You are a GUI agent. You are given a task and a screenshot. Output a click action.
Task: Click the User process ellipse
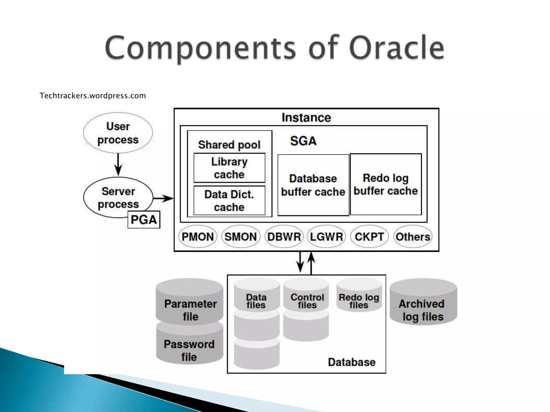click(118, 133)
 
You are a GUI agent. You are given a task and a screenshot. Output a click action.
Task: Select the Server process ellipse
click(118, 198)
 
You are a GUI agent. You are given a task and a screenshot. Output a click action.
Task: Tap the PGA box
click(144, 220)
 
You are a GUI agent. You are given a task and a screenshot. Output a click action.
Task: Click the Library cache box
click(229, 168)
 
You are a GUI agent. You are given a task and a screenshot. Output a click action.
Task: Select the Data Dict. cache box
click(229, 200)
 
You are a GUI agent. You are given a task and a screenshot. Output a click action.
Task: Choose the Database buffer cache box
click(313, 185)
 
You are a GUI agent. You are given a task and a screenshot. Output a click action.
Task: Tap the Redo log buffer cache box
click(386, 184)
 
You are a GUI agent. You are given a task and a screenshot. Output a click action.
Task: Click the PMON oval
click(198, 237)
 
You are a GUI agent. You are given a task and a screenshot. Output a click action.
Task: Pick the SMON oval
click(241, 237)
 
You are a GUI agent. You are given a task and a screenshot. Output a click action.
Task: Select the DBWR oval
click(284, 237)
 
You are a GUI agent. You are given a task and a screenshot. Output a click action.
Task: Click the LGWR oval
click(326, 237)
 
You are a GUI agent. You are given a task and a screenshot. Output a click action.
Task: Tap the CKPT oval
click(369, 237)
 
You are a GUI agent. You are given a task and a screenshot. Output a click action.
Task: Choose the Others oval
click(413, 237)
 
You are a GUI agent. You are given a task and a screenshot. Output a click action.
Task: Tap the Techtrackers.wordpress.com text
click(93, 96)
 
